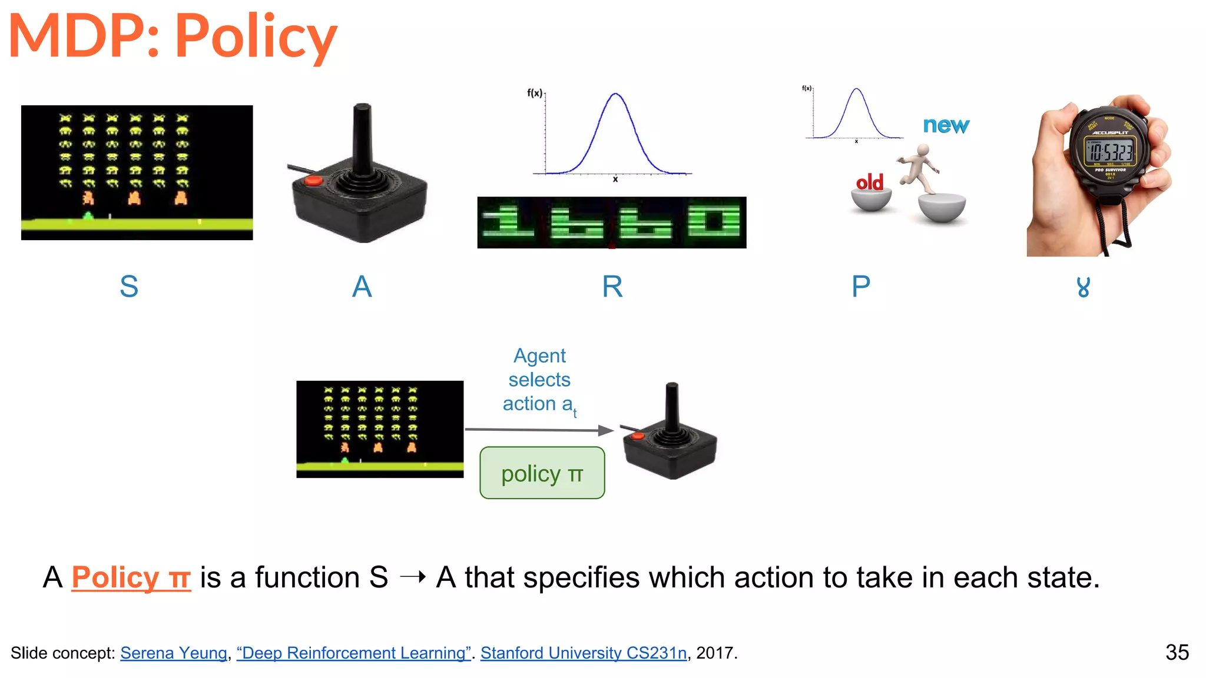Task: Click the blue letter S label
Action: pyautogui.click(x=129, y=287)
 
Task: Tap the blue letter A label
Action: pyautogui.click(x=362, y=287)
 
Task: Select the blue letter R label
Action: pyautogui.click(x=612, y=287)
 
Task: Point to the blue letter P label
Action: pyautogui.click(x=860, y=287)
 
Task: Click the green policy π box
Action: pyautogui.click(x=542, y=473)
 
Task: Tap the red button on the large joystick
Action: pyautogui.click(x=313, y=180)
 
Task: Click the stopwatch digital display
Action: pyautogui.click(x=1110, y=151)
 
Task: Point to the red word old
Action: pyautogui.click(x=870, y=182)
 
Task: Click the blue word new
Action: pyautogui.click(x=946, y=125)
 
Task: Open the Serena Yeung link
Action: pyautogui.click(x=174, y=653)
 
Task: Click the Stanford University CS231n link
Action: pyautogui.click(x=584, y=653)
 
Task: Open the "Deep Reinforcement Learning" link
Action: pyautogui.click(x=353, y=653)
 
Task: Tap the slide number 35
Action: pyautogui.click(x=1177, y=652)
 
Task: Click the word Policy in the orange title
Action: pyautogui.click(x=256, y=36)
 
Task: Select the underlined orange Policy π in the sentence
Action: pyautogui.click(x=131, y=577)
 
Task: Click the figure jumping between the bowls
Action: pyautogui.click(x=919, y=167)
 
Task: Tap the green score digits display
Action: pyautogui.click(x=611, y=222)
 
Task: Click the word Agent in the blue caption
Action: pyautogui.click(x=539, y=355)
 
